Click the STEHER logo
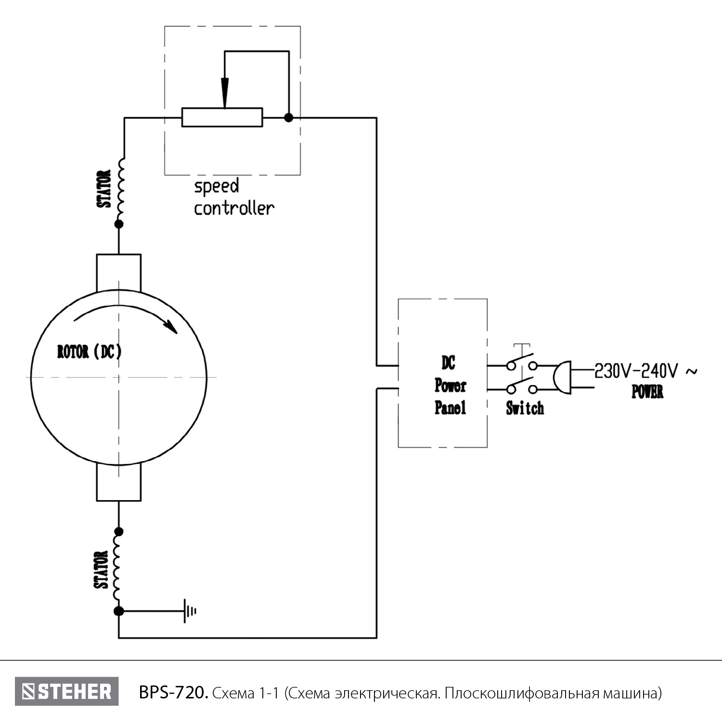pyautogui.click(x=66, y=692)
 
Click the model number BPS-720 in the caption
pyautogui.click(x=173, y=693)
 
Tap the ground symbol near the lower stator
pyautogui.click(x=189, y=611)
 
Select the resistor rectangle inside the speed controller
pyautogui.click(x=222, y=117)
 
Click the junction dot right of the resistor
pyautogui.click(x=288, y=117)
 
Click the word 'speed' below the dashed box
pyautogui.click(x=216, y=187)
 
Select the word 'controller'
pyautogui.click(x=234, y=208)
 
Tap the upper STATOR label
pyautogui.click(x=104, y=189)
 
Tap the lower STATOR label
pyautogui.click(x=101, y=570)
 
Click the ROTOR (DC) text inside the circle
pyautogui.click(x=90, y=352)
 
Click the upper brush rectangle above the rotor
pyautogui.click(x=118, y=272)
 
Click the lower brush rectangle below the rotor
pyautogui.click(x=118, y=483)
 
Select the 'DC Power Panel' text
pyautogui.click(x=450, y=386)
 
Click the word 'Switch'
pyautogui.click(x=525, y=409)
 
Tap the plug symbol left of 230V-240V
pyautogui.click(x=562, y=377)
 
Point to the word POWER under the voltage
pyautogui.click(x=647, y=392)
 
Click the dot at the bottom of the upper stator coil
pyautogui.click(x=118, y=224)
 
